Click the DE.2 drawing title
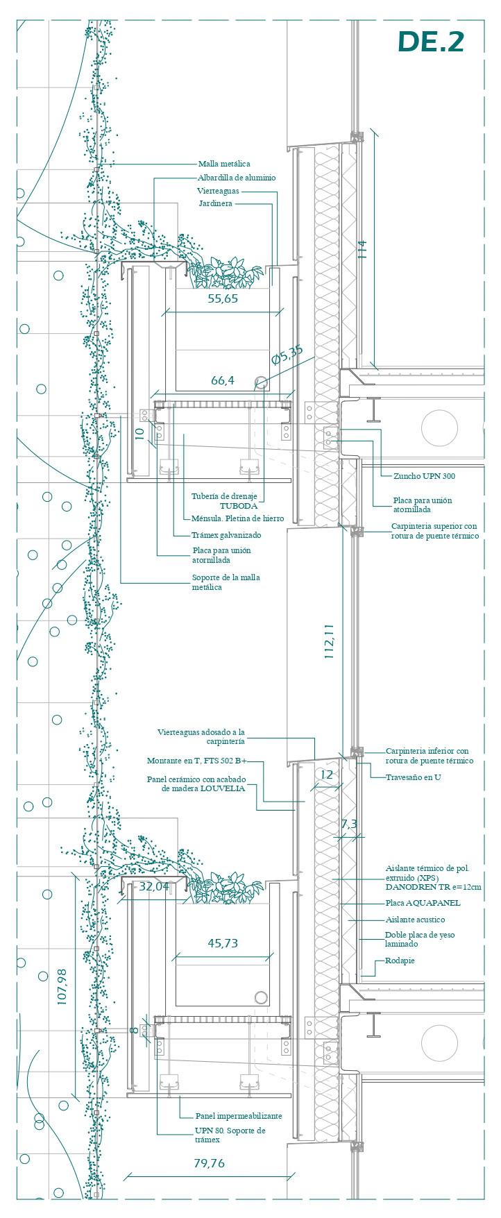(x=430, y=42)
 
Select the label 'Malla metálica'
(x=224, y=164)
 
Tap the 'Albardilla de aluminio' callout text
(x=236, y=178)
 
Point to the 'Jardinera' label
(x=215, y=203)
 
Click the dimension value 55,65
(x=223, y=299)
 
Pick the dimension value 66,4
(x=223, y=380)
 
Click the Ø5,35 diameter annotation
(x=287, y=355)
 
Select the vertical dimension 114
(x=362, y=249)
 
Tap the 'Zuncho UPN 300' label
(x=424, y=476)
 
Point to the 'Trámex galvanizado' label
(x=226, y=535)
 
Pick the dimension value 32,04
(x=154, y=886)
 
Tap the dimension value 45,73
(x=223, y=943)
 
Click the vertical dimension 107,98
(x=62, y=987)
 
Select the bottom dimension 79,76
(x=209, y=1163)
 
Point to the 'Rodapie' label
(x=400, y=961)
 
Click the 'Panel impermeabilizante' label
(x=239, y=1116)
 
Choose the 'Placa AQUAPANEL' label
(x=423, y=903)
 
